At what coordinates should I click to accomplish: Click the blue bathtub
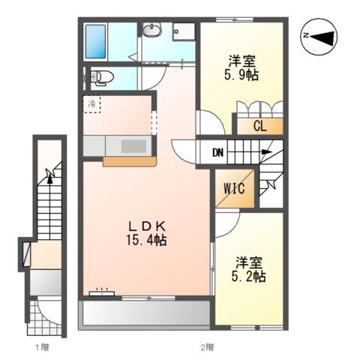pos(96,41)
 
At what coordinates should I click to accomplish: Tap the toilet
pos(101,77)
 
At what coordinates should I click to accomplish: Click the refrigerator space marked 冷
pos(91,104)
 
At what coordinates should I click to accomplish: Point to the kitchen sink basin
pos(133,146)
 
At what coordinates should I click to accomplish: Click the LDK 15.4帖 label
pos(146,233)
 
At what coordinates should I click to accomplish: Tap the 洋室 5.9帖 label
pos(241,67)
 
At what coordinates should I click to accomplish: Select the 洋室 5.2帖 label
pos(248,269)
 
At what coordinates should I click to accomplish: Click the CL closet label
pos(260,126)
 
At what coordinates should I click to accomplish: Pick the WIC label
pos(234,188)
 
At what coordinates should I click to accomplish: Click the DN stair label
pos(217,152)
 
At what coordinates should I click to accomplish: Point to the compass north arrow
pos(322,37)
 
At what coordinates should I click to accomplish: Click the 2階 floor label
pos(207,347)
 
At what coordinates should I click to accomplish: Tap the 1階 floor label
pos(42,347)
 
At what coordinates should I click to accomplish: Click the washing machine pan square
pos(184,31)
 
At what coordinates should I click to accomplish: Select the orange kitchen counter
pos(130,161)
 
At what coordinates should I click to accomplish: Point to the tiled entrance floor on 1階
pos(44,317)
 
